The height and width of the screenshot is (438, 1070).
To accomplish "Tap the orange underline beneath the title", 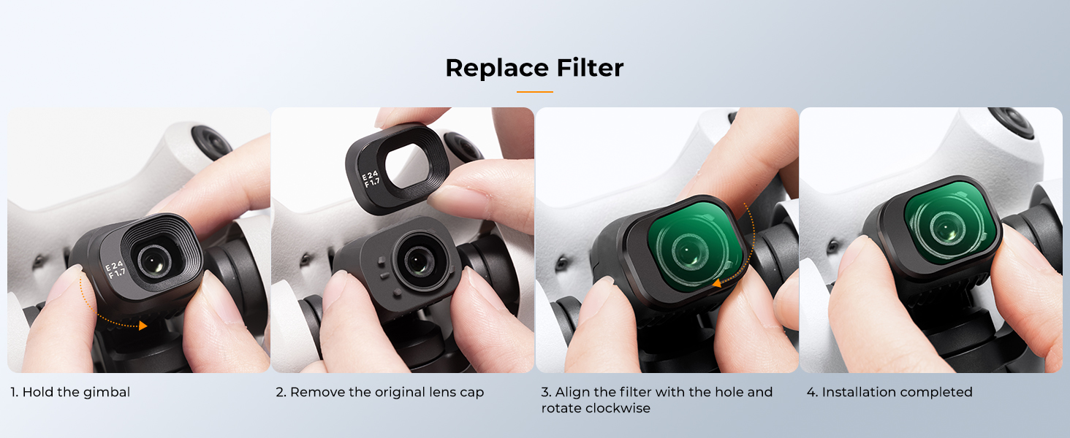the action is coord(534,91).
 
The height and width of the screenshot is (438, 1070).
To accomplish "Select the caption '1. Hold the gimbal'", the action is coord(70,392).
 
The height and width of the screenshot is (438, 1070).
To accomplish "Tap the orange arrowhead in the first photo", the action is coord(143,326).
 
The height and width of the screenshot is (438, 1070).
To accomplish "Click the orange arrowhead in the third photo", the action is coord(716,283).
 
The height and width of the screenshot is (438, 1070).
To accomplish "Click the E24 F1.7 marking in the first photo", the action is coord(115,270).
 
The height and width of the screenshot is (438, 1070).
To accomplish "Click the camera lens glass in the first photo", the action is coord(154,261).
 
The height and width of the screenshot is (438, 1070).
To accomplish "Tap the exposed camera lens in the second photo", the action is coord(419,261).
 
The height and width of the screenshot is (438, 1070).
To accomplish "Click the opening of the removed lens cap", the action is coord(406,166).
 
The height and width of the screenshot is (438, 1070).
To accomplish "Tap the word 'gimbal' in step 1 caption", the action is coord(107,393).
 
